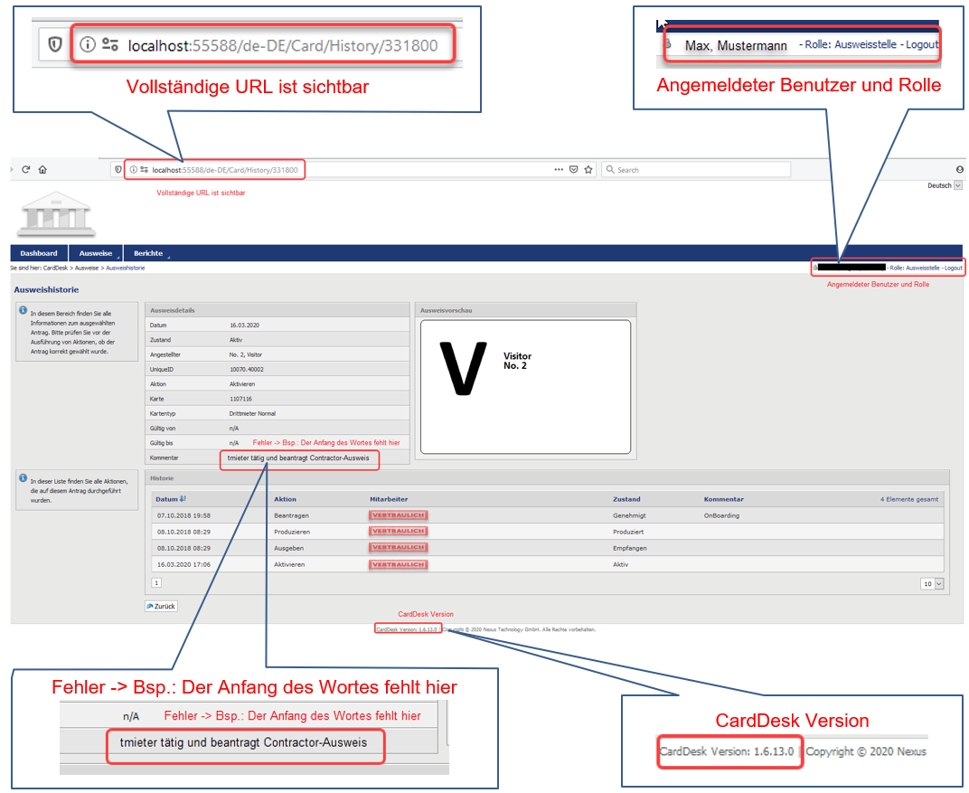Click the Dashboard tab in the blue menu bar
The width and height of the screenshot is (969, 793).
tap(38, 253)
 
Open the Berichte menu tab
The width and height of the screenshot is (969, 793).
tap(148, 253)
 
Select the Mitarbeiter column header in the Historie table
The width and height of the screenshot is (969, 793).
tap(389, 499)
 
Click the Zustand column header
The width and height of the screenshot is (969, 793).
tap(626, 499)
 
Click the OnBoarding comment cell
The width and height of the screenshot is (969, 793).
tap(721, 515)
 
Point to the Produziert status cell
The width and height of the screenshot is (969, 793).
tap(629, 532)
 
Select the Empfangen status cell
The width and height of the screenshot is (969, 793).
tap(630, 548)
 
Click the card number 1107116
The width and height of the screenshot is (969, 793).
tap(240, 399)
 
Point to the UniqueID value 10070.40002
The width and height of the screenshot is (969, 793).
tap(248, 370)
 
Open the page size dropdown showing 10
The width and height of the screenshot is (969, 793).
tap(932, 583)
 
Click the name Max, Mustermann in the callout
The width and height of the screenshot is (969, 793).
tap(736, 45)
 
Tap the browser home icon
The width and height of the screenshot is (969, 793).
tap(42, 169)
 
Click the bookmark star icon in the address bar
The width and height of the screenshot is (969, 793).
tap(588, 169)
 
